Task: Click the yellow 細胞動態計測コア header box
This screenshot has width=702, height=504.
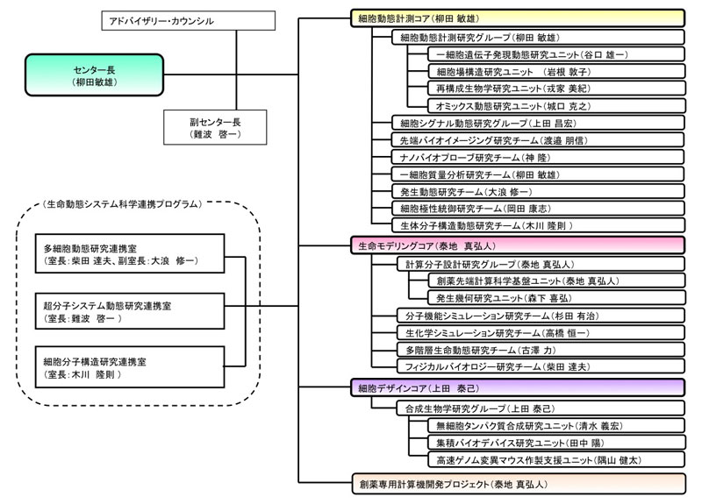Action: point(516,18)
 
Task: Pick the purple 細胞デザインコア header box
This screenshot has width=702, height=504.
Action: point(516,387)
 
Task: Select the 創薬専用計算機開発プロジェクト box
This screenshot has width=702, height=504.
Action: point(516,482)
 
